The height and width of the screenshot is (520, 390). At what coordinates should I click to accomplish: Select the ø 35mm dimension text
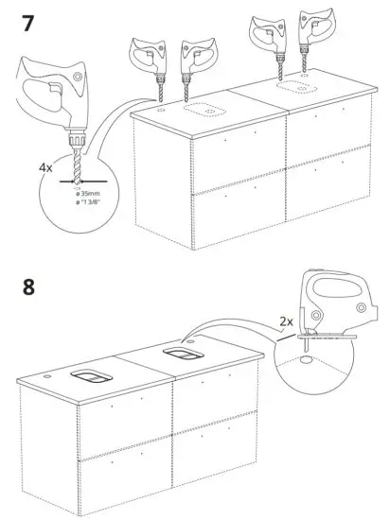(x=90, y=194)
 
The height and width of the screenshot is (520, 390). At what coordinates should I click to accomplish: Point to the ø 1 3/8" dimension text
(x=92, y=203)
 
